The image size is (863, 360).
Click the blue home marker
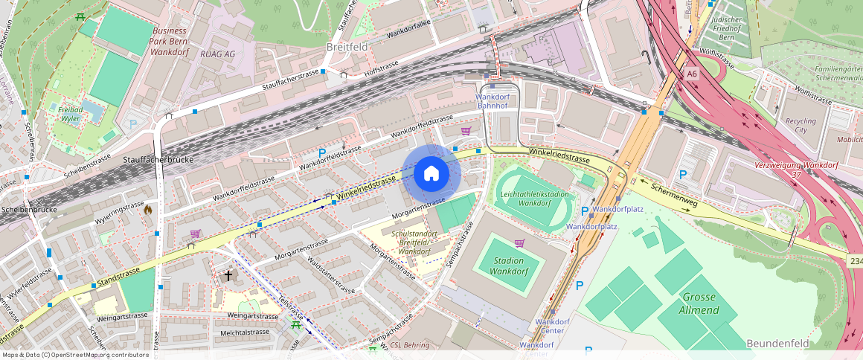[x=431, y=174]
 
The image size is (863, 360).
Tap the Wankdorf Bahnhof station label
[x=492, y=101]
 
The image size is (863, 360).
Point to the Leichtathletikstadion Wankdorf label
[x=535, y=199]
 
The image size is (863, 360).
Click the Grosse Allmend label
[x=699, y=303]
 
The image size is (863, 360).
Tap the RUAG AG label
[x=217, y=54]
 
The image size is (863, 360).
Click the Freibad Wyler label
[x=69, y=114]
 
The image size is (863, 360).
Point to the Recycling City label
[x=801, y=125]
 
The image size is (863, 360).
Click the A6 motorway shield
[x=693, y=74]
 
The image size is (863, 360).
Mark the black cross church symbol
[x=228, y=276]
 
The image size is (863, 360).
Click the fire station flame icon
[x=148, y=210]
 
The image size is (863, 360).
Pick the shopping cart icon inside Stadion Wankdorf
[x=519, y=243]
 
